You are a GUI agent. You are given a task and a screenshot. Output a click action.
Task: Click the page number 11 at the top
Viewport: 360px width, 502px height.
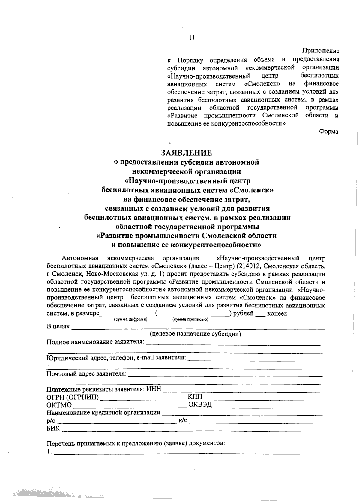[x=192, y=37]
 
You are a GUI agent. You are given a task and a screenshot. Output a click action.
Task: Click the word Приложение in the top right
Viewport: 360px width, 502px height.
[x=320, y=51]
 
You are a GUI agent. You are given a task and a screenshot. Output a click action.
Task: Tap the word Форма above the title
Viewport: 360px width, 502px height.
[x=328, y=132]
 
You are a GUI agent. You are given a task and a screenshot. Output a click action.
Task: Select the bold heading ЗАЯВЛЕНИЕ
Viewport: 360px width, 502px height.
[x=187, y=153]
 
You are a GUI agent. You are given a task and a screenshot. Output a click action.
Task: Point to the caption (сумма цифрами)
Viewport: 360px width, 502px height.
[x=130, y=319]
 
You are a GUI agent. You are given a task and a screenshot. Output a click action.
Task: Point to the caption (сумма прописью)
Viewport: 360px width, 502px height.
[x=190, y=319]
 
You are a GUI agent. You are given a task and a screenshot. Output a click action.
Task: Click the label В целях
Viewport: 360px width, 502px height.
[x=58, y=326]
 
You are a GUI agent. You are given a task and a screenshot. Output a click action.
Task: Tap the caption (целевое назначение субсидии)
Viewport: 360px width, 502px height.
[x=195, y=334]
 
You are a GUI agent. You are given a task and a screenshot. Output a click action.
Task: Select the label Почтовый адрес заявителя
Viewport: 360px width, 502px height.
[x=86, y=374]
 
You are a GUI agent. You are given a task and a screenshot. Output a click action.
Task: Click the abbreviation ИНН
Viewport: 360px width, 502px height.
[x=154, y=389]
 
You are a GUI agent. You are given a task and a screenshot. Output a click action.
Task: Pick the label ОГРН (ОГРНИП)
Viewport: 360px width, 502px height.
[x=73, y=397]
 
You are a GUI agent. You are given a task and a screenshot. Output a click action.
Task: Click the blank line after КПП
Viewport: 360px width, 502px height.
[x=263, y=399]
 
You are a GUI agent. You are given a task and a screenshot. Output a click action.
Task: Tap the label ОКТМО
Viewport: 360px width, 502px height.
[x=59, y=405]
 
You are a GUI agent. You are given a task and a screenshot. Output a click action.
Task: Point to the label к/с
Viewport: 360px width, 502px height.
[x=183, y=420]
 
